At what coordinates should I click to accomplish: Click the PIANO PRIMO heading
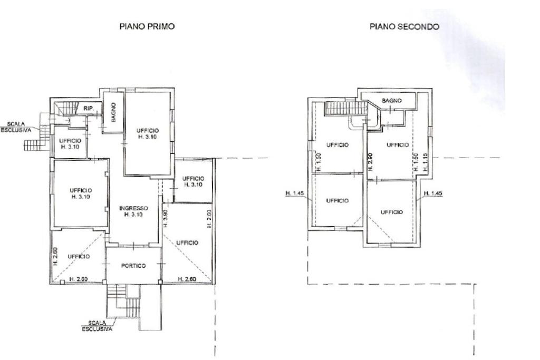[x=147, y=26]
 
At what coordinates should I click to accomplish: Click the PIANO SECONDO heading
[x=404, y=26]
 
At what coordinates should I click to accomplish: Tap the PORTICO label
[x=133, y=266]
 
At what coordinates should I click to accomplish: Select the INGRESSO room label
[x=133, y=211]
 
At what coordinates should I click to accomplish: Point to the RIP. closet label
[x=89, y=109]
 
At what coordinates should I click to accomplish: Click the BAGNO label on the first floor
[x=114, y=112]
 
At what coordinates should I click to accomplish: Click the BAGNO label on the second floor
[x=392, y=101]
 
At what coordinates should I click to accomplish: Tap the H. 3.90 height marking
[x=165, y=219]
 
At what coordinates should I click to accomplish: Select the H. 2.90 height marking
[x=370, y=161]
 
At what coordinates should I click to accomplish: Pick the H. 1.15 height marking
[x=426, y=162]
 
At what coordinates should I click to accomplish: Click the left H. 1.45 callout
[x=294, y=193]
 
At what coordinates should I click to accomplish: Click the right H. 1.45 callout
[x=433, y=193]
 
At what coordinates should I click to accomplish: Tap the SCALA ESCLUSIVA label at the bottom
[x=97, y=326]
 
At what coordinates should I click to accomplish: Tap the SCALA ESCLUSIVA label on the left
[x=15, y=127]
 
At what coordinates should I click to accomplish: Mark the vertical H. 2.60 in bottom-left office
[x=56, y=256]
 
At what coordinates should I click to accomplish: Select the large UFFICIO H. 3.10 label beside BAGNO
[x=148, y=133]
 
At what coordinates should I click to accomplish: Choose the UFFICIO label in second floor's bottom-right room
[x=392, y=212]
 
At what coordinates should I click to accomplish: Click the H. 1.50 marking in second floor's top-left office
[x=319, y=162]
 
